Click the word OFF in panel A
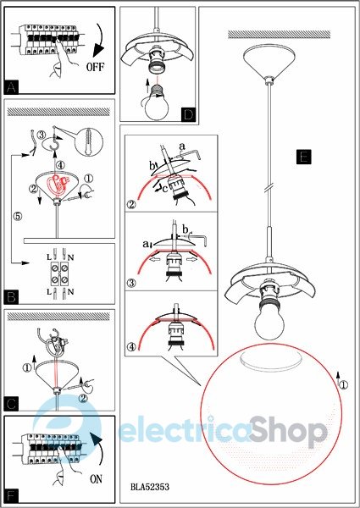pos(95,67)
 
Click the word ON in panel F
pos(96,479)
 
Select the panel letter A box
pos(11,87)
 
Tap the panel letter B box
pos(11,297)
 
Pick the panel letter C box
pos(11,404)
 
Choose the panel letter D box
pos(188,114)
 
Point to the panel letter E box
pos(303,157)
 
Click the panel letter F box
pos(11,495)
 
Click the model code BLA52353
pos(150,487)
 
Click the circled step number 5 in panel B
pos(18,216)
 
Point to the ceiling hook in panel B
pos(54,140)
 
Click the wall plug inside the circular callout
pos(88,141)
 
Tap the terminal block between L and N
pos(59,274)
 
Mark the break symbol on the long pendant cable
pos(269,190)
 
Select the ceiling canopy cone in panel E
pos(269,62)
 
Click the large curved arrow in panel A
pos(100,40)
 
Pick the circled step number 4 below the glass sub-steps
pos(131,347)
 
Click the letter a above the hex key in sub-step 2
pos(182,146)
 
